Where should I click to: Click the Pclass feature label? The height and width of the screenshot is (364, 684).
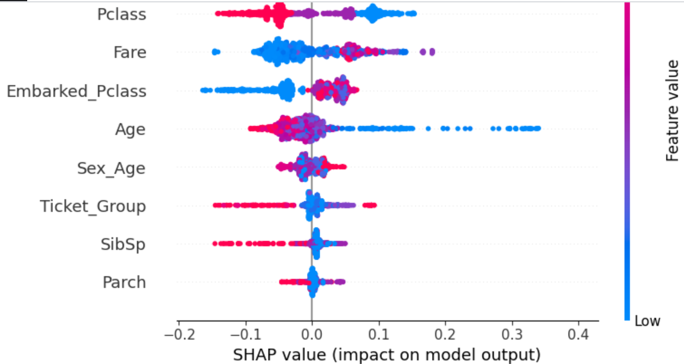[121, 14]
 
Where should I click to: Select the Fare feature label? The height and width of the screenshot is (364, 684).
[130, 53]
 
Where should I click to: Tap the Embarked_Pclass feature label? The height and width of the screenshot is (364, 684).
[76, 91]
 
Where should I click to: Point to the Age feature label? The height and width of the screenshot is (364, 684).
[131, 129]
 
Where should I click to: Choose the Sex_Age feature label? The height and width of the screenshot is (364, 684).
[111, 168]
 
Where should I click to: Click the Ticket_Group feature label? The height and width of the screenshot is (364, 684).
[93, 206]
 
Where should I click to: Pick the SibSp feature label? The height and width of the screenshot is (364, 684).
[123, 244]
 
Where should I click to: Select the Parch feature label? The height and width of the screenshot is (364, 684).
[124, 283]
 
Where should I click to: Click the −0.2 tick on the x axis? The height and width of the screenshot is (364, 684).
[177, 334]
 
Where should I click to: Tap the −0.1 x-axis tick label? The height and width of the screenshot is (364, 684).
[244, 334]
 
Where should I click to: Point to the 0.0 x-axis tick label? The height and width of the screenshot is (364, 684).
[311, 334]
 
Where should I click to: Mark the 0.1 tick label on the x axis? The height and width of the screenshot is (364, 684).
[378, 334]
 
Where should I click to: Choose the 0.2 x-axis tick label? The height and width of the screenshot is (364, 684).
[445, 334]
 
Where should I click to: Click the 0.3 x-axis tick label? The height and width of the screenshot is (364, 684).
[512, 334]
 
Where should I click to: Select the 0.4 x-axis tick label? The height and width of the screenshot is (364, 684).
[579, 334]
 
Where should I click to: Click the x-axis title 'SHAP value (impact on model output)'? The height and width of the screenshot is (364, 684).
[387, 354]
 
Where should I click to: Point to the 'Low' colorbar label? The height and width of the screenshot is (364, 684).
[647, 321]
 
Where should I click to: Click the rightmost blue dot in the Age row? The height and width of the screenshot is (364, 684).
[537, 128]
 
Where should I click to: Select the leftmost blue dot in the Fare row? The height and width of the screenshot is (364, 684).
[215, 52]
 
